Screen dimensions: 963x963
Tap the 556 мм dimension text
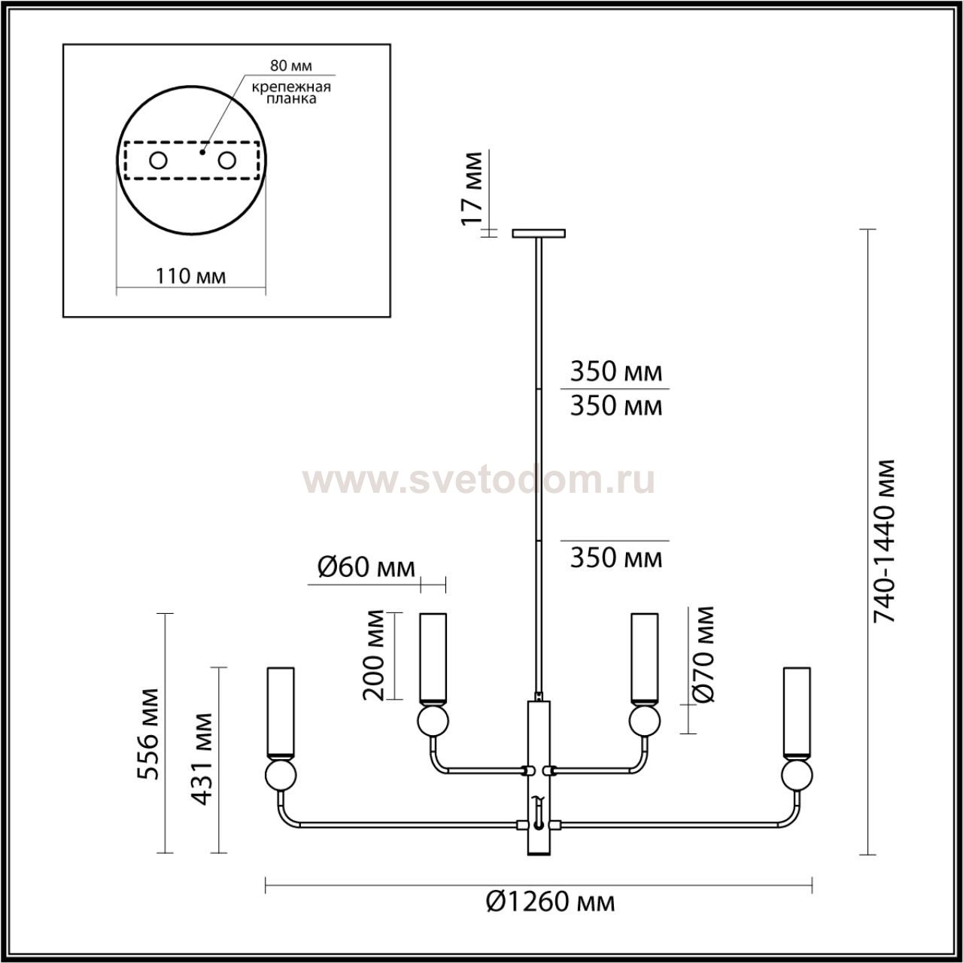[148, 734]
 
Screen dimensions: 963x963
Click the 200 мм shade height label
[373, 655]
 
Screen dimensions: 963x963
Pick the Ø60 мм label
[366, 567]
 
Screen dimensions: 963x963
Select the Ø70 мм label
[703, 655]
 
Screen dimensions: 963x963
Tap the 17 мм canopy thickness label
[471, 188]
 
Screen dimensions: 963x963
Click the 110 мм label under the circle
[190, 276]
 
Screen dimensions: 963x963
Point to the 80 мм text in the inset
[291, 65]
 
